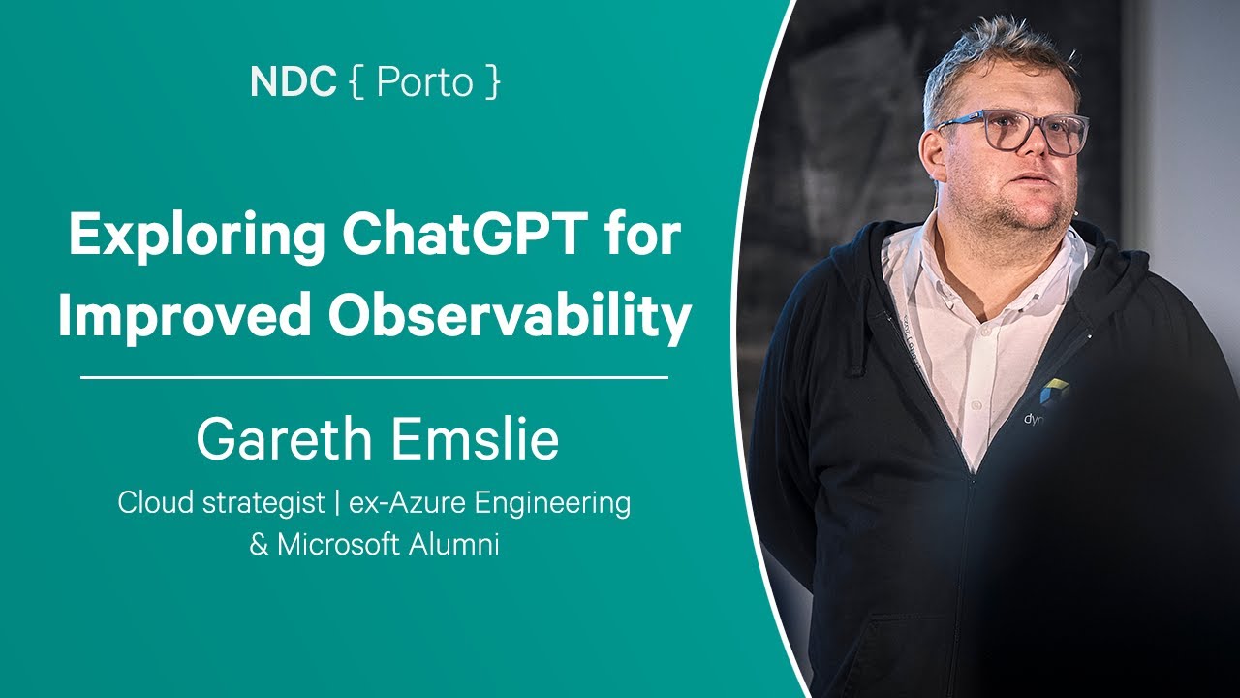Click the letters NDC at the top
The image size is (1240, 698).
(294, 82)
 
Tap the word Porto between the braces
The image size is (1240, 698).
(423, 83)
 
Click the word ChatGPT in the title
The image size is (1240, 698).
(474, 237)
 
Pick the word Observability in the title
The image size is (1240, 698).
(508, 317)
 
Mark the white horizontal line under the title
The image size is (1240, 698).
(374, 377)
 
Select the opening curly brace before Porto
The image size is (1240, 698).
(355, 83)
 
